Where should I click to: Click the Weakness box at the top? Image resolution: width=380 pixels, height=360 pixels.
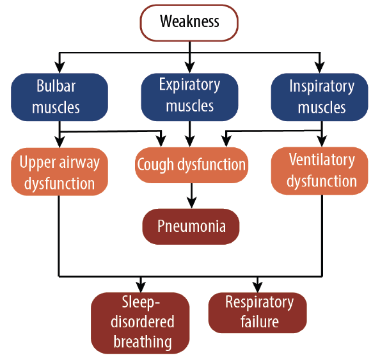coord(189,22)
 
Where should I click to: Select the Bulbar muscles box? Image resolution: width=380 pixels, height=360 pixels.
coord(59,97)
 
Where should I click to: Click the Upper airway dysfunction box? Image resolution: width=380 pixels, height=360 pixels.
coord(59,173)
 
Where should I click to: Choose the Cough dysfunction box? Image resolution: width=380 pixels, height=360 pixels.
coord(191,165)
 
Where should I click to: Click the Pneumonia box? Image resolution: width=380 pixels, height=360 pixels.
coord(191,226)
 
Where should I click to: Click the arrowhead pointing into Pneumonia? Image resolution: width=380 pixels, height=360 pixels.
coord(191,203)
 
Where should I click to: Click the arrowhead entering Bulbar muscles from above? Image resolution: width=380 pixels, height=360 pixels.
coord(59,67)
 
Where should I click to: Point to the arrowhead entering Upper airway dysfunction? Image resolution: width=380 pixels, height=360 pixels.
coord(59,143)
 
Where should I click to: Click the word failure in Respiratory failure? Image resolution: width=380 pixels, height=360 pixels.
coord(258,321)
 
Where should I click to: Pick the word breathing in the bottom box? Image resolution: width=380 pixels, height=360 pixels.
coord(143,342)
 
